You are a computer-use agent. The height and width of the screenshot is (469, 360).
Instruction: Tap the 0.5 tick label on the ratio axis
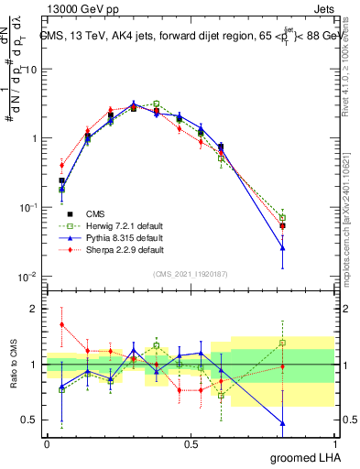click(x=29, y=421)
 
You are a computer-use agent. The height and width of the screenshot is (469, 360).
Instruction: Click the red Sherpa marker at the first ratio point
click(x=61, y=324)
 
